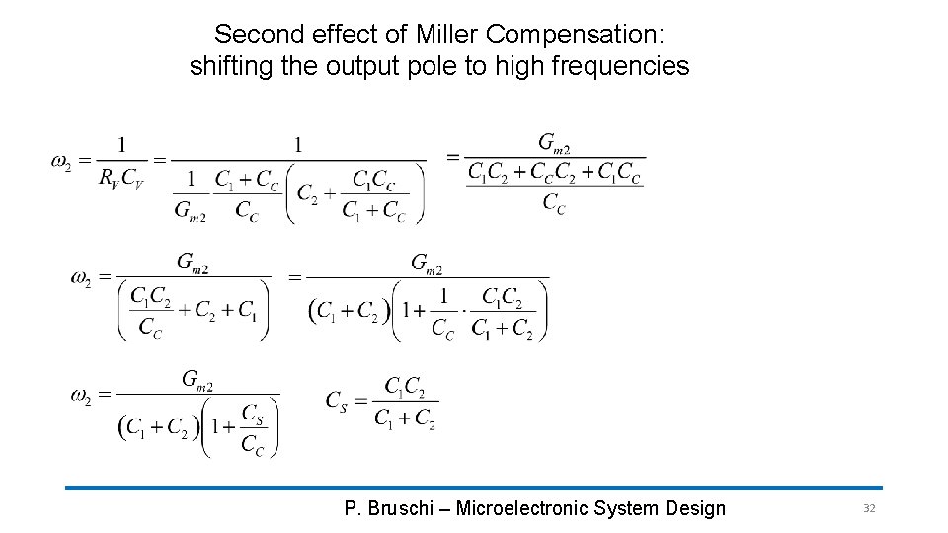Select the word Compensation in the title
[574, 35]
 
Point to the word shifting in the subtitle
[227, 67]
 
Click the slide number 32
[869, 508]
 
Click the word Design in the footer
[696, 509]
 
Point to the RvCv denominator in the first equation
[120, 179]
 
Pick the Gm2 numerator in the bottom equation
[197, 380]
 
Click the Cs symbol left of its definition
[338, 400]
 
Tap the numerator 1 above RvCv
[121, 144]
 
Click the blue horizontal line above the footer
[474, 487]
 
